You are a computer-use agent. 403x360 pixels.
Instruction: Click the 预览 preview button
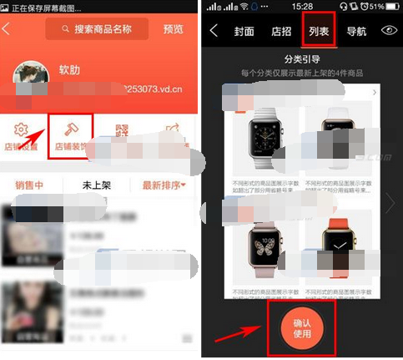click(x=174, y=30)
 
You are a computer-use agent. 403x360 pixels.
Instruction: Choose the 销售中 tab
click(x=29, y=185)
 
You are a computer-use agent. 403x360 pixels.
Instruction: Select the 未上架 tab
click(x=97, y=185)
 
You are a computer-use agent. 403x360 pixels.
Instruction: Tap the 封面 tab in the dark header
click(x=244, y=32)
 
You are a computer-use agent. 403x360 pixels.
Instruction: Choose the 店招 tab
click(x=281, y=32)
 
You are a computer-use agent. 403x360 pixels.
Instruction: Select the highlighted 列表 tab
click(x=318, y=31)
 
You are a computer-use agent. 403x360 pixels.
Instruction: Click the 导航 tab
click(x=355, y=32)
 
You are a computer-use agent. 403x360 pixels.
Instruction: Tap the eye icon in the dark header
click(x=389, y=31)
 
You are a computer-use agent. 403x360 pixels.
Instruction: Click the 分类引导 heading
click(x=303, y=59)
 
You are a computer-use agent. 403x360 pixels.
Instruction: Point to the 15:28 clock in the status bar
click(x=302, y=7)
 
